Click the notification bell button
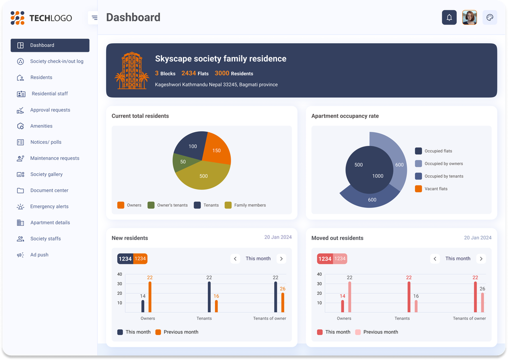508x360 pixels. pos(449,18)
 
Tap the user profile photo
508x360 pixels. pos(469,18)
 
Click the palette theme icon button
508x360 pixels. pos(490,18)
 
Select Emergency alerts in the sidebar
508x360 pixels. pos(49,206)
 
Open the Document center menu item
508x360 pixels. pos(49,190)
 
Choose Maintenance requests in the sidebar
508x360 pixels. pos(54,158)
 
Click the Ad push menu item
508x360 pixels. pos(39,255)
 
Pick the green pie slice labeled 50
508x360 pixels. pos(182,162)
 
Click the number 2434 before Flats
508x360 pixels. pos(188,73)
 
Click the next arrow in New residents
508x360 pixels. pos(281,259)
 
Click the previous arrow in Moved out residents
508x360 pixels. pos(435,259)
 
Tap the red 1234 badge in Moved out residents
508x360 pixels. pos(325,259)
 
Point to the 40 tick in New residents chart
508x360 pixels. pos(120,275)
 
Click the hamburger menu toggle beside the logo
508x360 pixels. pos(94,18)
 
